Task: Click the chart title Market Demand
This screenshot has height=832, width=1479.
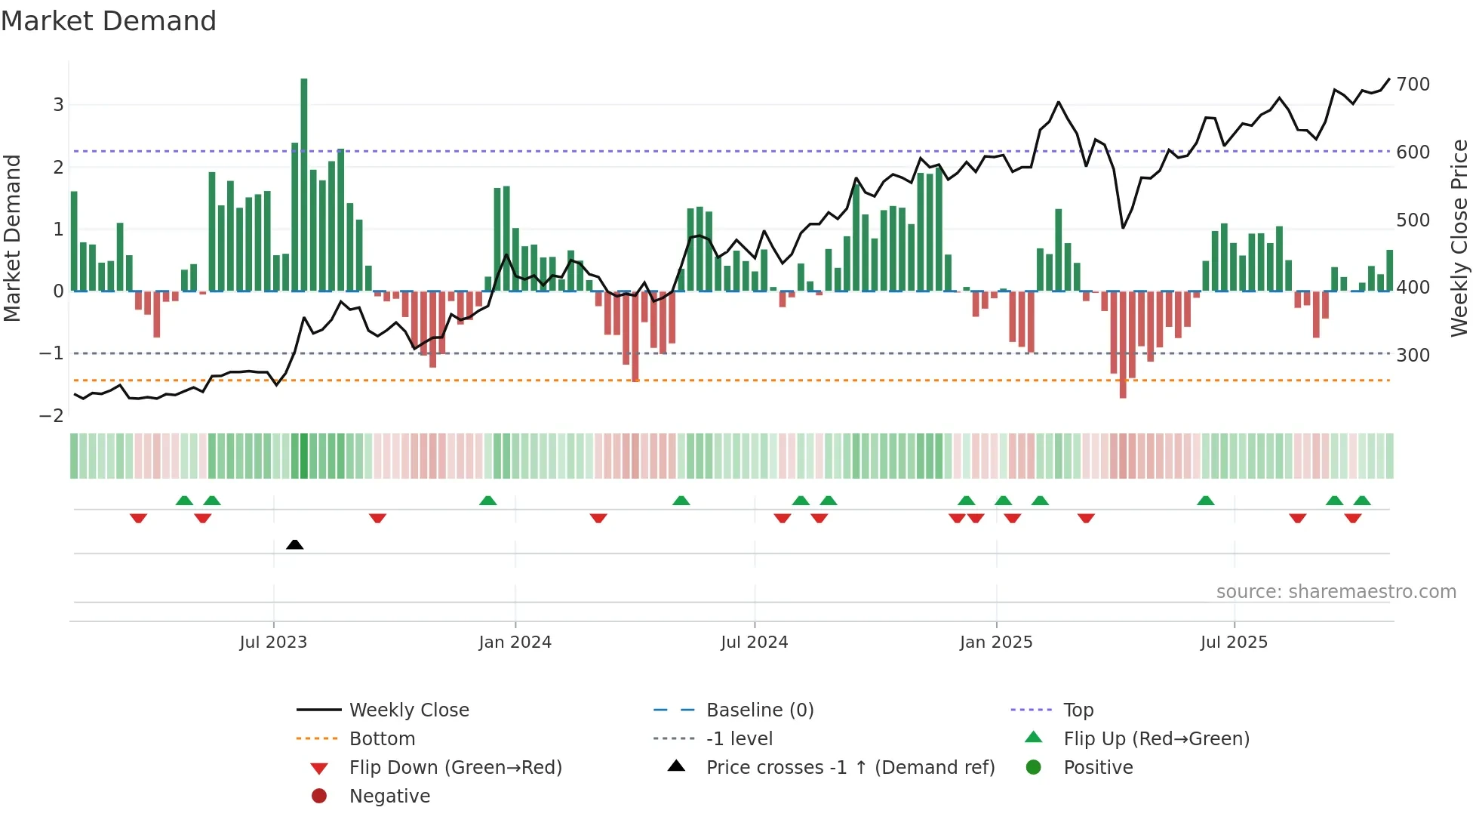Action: (x=109, y=20)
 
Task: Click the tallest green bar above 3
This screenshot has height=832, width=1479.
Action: (x=304, y=181)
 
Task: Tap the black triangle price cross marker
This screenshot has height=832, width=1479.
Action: (x=295, y=544)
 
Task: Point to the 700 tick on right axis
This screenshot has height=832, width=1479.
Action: (x=1413, y=84)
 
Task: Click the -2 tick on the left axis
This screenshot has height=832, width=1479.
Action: (x=51, y=415)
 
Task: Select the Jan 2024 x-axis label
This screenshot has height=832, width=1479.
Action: (x=515, y=642)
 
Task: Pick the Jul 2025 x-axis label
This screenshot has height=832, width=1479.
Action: (x=1234, y=642)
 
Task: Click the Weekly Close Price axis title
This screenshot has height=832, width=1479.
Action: (x=1459, y=238)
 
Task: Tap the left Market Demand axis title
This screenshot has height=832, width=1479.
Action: (x=12, y=238)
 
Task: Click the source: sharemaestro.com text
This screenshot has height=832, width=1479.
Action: (x=1336, y=591)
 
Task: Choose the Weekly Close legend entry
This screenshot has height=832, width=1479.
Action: (x=408, y=710)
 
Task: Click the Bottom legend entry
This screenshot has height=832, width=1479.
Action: (x=382, y=738)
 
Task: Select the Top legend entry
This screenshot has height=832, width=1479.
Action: (x=1078, y=710)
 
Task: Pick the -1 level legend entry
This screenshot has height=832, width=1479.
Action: (x=739, y=738)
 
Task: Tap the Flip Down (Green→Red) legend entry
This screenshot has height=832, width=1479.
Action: (x=455, y=767)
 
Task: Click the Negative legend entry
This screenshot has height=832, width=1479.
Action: (x=389, y=796)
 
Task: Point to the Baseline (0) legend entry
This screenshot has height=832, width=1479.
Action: (x=759, y=710)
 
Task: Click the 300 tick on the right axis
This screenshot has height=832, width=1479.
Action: (x=1413, y=355)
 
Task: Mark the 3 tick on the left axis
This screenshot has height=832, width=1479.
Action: (x=58, y=104)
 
